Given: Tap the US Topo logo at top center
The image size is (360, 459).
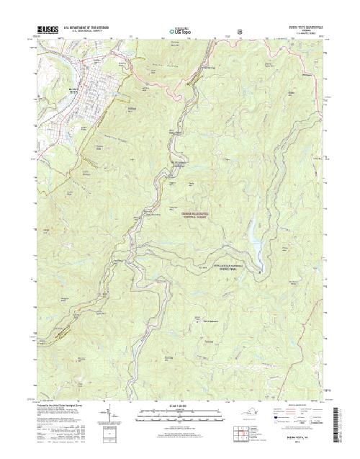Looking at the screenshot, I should (180, 31).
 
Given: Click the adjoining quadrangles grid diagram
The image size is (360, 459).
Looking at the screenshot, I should (241, 435).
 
